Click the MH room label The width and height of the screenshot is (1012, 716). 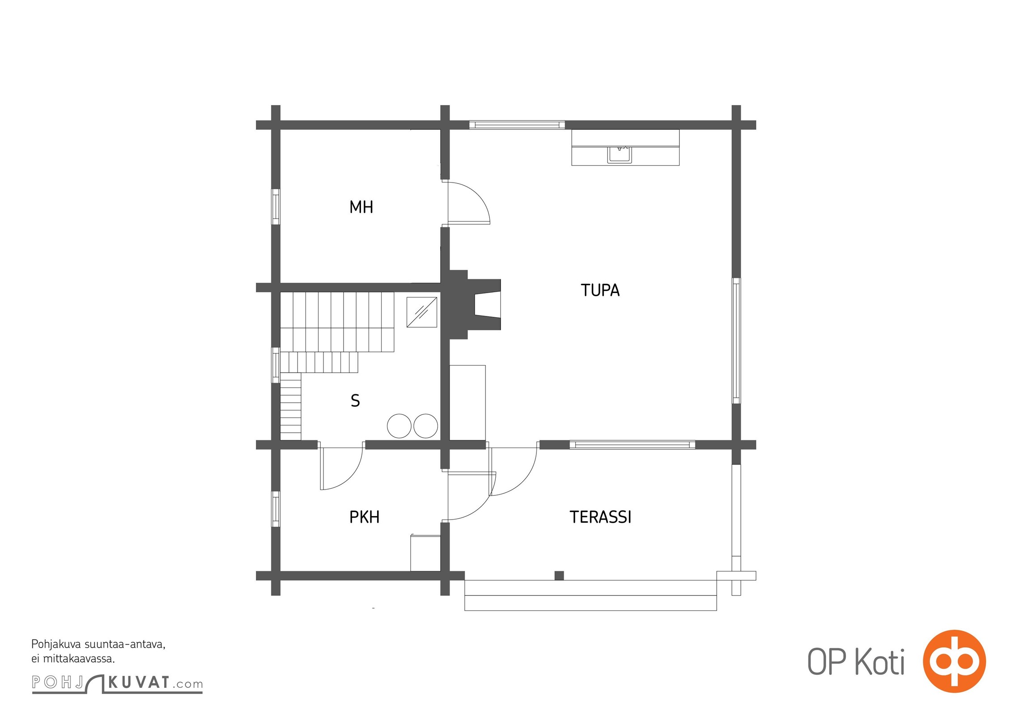tap(361, 207)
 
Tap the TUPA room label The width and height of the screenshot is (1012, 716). tap(600, 290)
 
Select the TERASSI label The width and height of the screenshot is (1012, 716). tap(600, 517)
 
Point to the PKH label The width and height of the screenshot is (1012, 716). tap(364, 517)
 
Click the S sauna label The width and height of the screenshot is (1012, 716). tap(355, 401)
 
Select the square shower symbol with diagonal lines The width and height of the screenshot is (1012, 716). tap(422, 312)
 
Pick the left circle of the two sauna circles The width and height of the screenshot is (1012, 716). tap(399, 426)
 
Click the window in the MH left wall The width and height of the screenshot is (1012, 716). tap(276, 206)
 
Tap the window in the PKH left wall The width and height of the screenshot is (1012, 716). tap(276, 509)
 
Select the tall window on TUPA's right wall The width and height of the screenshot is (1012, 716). tap(736, 341)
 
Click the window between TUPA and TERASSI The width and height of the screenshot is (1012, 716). tap(632, 445)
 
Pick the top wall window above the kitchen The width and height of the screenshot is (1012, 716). tap(517, 125)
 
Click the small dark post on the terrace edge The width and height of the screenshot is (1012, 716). tap(559, 575)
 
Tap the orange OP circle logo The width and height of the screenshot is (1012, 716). tap(954, 661)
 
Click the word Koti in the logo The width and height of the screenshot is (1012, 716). tap(880, 662)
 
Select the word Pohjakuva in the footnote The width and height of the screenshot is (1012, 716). tap(56, 645)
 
